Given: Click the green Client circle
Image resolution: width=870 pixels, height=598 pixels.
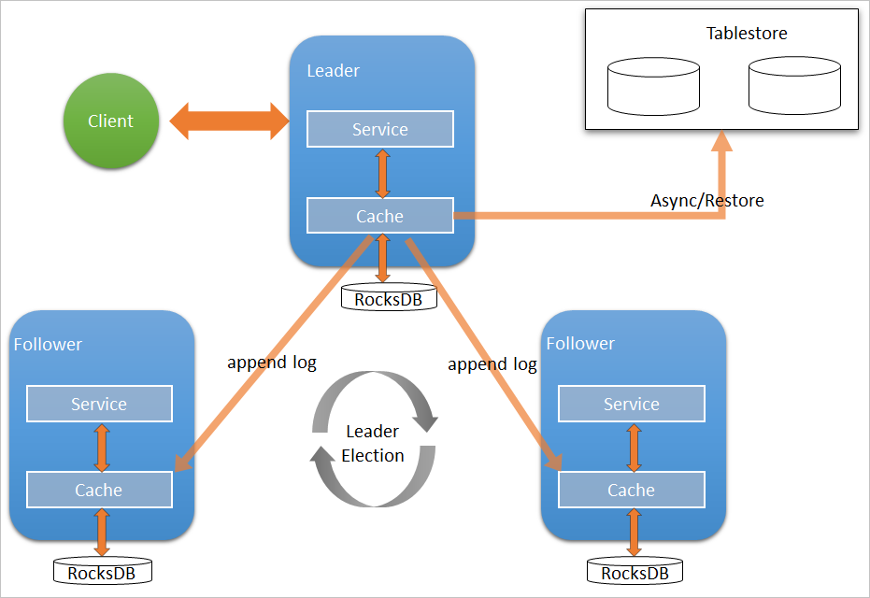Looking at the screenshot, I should tap(110, 121).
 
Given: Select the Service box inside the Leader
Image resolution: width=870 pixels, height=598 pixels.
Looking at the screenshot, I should tap(379, 129).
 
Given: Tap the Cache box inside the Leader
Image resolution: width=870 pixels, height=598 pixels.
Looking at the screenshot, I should tap(379, 216).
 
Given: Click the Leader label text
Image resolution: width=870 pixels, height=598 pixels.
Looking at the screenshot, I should tap(333, 71).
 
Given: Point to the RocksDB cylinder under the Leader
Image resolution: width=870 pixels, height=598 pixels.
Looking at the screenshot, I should tap(381, 299).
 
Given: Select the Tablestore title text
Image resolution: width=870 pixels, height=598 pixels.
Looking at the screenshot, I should tap(747, 34).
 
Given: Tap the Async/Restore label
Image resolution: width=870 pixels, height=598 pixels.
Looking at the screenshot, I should tap(706, 200).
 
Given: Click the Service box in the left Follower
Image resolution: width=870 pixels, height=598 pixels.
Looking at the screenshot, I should tap(99, 404).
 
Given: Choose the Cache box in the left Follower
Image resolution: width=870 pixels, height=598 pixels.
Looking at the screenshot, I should tap(99, 490).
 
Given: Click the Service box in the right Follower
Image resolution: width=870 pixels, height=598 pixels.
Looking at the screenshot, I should tap(631, 404).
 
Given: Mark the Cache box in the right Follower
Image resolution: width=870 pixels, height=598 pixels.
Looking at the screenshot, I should tap(631, 490).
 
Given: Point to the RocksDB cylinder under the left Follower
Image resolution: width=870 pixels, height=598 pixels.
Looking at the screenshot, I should tap(102, 572).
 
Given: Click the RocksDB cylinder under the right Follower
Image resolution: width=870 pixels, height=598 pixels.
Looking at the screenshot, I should tap(635, 572).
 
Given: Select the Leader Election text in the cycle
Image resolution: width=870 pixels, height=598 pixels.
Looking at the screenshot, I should tap(373, 444).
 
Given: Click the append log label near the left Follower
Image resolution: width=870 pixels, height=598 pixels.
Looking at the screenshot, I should tap(272, 362).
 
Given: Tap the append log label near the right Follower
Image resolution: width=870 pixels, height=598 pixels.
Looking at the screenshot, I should tap(492, 364).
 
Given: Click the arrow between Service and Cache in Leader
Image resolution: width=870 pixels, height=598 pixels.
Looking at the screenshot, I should tap(381, 173).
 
